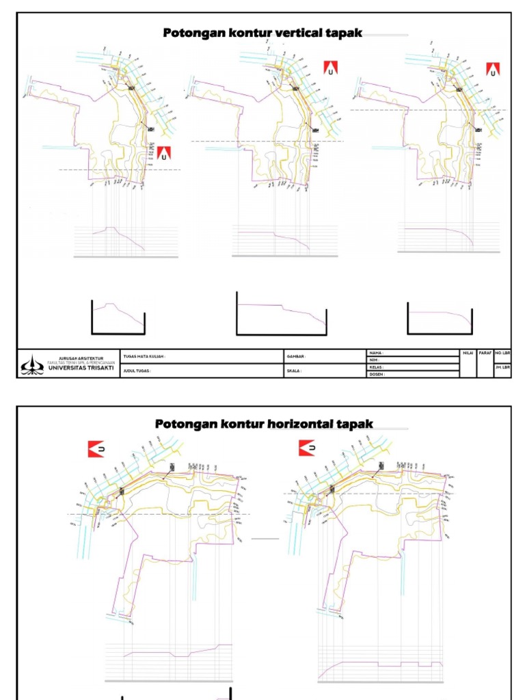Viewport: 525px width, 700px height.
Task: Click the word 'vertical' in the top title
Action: point(299,33)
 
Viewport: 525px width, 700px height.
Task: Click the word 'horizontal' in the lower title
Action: point(299,424)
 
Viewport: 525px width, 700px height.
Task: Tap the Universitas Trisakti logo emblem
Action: point(32,364)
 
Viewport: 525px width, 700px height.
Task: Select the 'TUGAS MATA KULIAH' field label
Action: point(144,356)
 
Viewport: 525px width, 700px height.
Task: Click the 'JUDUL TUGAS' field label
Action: point(137,371)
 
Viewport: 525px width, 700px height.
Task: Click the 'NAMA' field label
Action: point(376,353)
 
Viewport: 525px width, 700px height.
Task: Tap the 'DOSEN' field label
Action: point(377,375)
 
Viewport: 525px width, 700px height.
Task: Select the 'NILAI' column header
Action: point(468,353)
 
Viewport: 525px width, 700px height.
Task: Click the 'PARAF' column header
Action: point(485,353)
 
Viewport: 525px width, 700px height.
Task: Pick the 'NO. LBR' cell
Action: point(502,353)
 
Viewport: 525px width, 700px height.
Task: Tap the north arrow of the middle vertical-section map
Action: point(331,68)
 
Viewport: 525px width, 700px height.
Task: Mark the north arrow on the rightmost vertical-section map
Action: point(493,70)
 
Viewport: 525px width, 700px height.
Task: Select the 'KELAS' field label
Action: point(377,367)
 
